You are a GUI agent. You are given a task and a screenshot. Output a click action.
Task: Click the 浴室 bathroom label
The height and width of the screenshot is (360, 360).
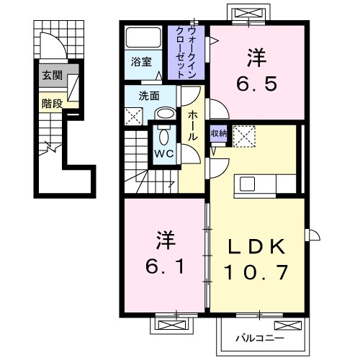[141, 63]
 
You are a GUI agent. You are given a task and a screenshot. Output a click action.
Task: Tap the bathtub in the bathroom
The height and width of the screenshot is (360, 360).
[145, 38]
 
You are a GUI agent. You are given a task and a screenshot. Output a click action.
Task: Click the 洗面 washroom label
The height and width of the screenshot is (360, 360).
[149, 94]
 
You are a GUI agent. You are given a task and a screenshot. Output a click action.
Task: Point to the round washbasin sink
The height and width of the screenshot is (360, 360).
[165, 113]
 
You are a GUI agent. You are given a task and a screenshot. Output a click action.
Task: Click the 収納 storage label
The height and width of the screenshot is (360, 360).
[219, 135]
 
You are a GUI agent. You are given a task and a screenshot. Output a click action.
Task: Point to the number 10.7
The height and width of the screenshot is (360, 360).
[257, 273]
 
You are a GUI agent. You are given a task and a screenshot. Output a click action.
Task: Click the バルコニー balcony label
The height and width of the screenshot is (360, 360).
[260, 337]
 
